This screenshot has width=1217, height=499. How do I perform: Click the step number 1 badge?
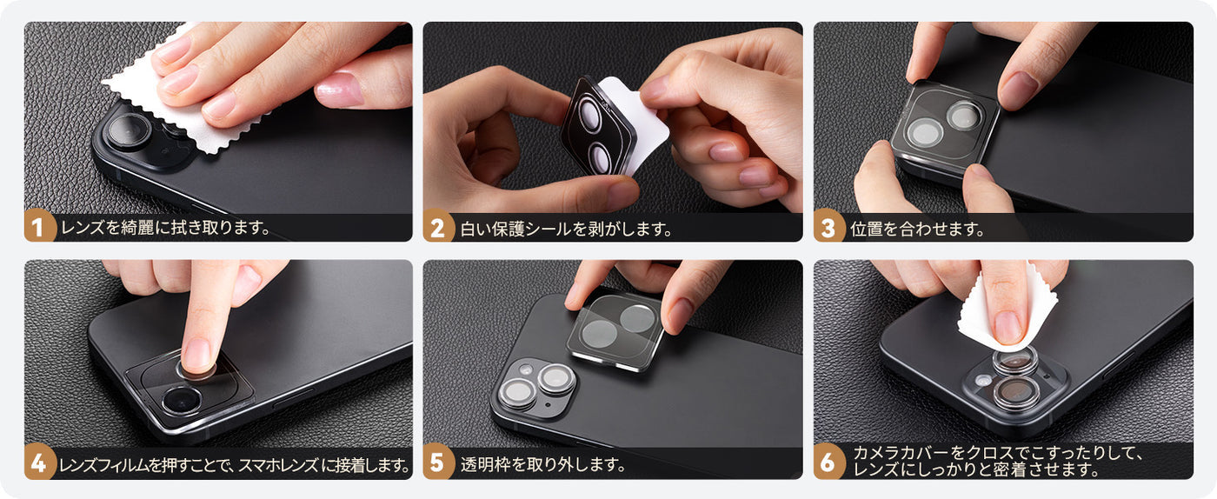39,226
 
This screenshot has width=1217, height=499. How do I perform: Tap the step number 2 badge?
438,226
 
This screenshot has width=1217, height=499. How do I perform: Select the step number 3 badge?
828,226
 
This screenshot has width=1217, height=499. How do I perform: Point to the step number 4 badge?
39,463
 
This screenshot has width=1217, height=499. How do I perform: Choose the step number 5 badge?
438,463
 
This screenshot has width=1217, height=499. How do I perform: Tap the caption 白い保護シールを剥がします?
566,229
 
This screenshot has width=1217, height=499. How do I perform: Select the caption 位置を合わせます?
918,229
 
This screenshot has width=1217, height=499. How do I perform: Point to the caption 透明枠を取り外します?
543,465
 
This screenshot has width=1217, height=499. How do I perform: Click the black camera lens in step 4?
182,401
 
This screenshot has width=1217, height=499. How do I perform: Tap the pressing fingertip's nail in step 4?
196,354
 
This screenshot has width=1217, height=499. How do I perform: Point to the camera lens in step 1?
130,130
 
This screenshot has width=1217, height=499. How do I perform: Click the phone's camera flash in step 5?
525,369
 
